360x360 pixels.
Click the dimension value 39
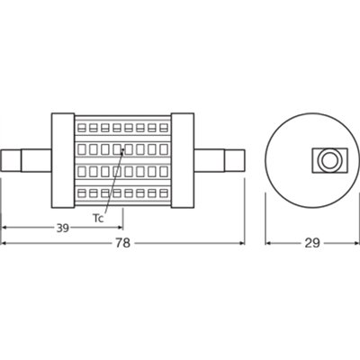tap(62, 229)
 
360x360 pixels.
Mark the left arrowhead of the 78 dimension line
tap(5, 242)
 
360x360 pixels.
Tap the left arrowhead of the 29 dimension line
tap(268, 242)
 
